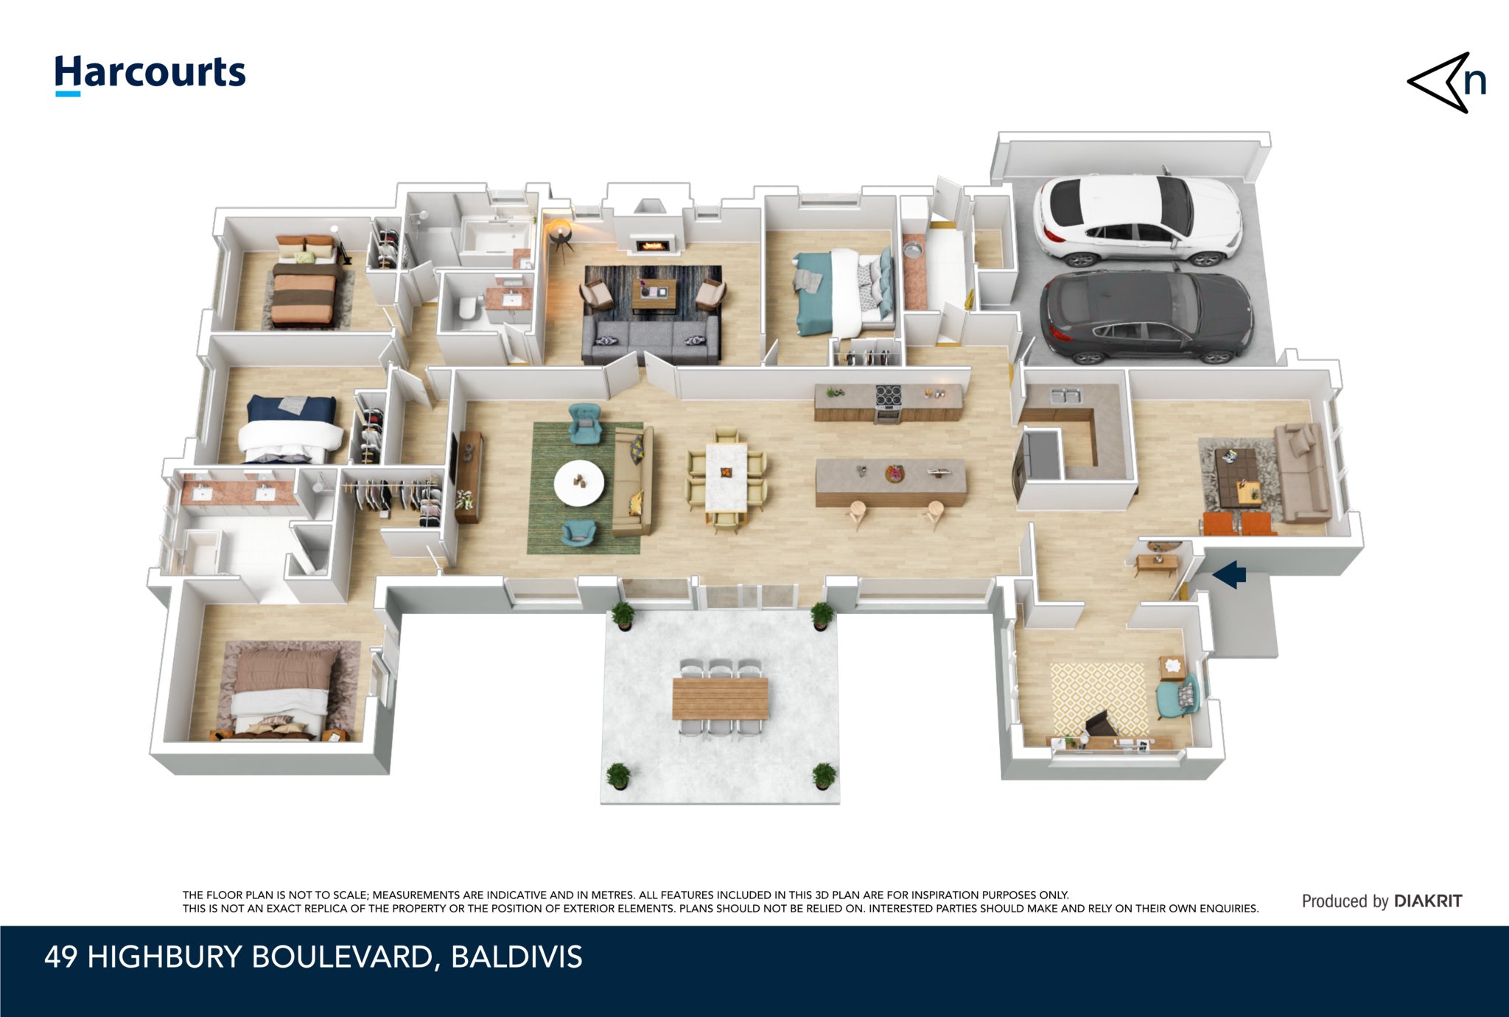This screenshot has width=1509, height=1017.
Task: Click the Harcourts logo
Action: click(x=150, y=74)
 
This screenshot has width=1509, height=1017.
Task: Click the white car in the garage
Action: click(x=1138, y=220)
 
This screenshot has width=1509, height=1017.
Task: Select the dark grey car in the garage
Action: click(x=1146, y=317)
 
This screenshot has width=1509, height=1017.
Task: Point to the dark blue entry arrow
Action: click(x=1230, y=574)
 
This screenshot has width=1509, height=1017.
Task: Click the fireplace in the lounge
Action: click(x=652, y=244)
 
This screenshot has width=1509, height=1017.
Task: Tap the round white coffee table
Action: click(x=579, y=483)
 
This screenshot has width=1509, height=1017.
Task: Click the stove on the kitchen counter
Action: click(x=888, y=402)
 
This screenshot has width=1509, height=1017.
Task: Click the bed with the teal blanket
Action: click(x=844, y=291)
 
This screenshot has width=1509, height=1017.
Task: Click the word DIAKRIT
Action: click(x=1428, y=901)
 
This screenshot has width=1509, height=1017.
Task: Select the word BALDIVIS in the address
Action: click(x=517, y=957)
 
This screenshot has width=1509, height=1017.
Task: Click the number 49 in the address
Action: click(x=61, y=957)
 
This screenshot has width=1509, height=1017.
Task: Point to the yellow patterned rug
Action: click(x=1099, y=700)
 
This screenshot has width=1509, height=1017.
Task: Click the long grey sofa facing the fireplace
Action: click(x=651, y=341)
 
